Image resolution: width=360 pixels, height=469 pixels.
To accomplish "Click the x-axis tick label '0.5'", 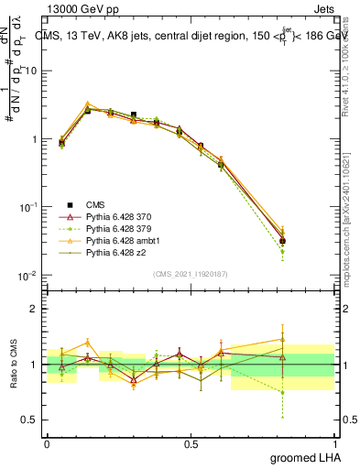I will click(191, 443).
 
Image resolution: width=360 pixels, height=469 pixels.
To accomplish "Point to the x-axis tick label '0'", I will click(47, 443).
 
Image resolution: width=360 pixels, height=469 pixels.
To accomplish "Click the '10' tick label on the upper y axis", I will click(32, 71).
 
